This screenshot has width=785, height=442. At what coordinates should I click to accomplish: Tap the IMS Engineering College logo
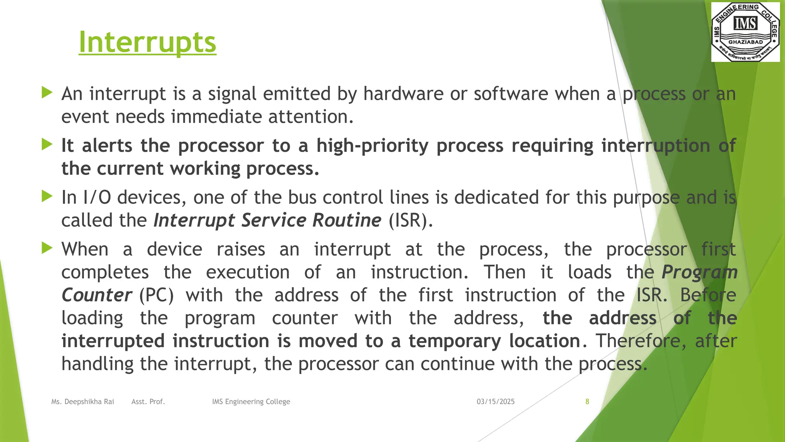(745, 32)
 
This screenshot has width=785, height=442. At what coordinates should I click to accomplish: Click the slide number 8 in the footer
(587, 402)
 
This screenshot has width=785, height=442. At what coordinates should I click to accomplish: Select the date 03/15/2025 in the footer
(496, 402)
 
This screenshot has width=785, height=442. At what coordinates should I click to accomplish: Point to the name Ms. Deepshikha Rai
(83, 402)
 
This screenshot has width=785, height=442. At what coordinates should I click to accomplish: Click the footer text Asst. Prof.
(148, 402)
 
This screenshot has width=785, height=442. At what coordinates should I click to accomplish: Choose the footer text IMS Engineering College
(251, 402)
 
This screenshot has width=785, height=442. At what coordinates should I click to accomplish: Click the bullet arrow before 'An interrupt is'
(47, 92)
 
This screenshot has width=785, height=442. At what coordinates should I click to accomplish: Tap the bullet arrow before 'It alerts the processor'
(47, 145)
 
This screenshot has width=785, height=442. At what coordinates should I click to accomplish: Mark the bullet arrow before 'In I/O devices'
(47, 196)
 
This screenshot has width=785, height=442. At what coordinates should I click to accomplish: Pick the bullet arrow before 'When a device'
(47, 248)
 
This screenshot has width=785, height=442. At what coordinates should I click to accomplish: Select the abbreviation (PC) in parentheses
(156, 295)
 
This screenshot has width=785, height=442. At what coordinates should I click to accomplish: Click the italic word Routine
(347, 221)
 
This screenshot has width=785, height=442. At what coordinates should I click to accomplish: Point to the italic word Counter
(97, 295)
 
